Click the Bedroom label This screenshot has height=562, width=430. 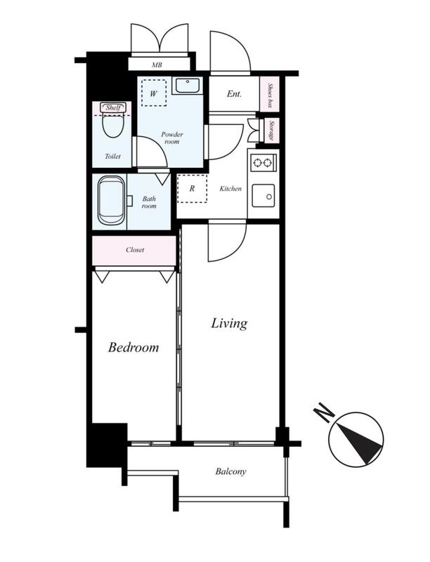133,347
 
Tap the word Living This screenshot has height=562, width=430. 229,323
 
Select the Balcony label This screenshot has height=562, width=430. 230,471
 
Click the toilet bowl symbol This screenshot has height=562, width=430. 113,124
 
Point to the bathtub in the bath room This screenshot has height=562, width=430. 112,200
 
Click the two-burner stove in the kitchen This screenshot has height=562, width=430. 263,163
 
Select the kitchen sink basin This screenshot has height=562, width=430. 263,196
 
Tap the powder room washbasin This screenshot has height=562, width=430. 188,86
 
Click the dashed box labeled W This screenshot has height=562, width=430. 154,93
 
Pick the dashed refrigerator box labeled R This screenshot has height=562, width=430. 192,188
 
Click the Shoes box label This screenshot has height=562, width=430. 271,94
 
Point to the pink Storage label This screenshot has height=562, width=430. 272,131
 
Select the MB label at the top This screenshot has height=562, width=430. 157,65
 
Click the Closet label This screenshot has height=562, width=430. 135,250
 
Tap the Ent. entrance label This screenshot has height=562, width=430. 234,94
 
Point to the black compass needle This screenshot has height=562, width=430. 360,443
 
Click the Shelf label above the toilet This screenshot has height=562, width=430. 113,107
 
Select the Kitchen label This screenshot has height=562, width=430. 230,188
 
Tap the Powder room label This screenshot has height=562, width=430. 172,138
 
